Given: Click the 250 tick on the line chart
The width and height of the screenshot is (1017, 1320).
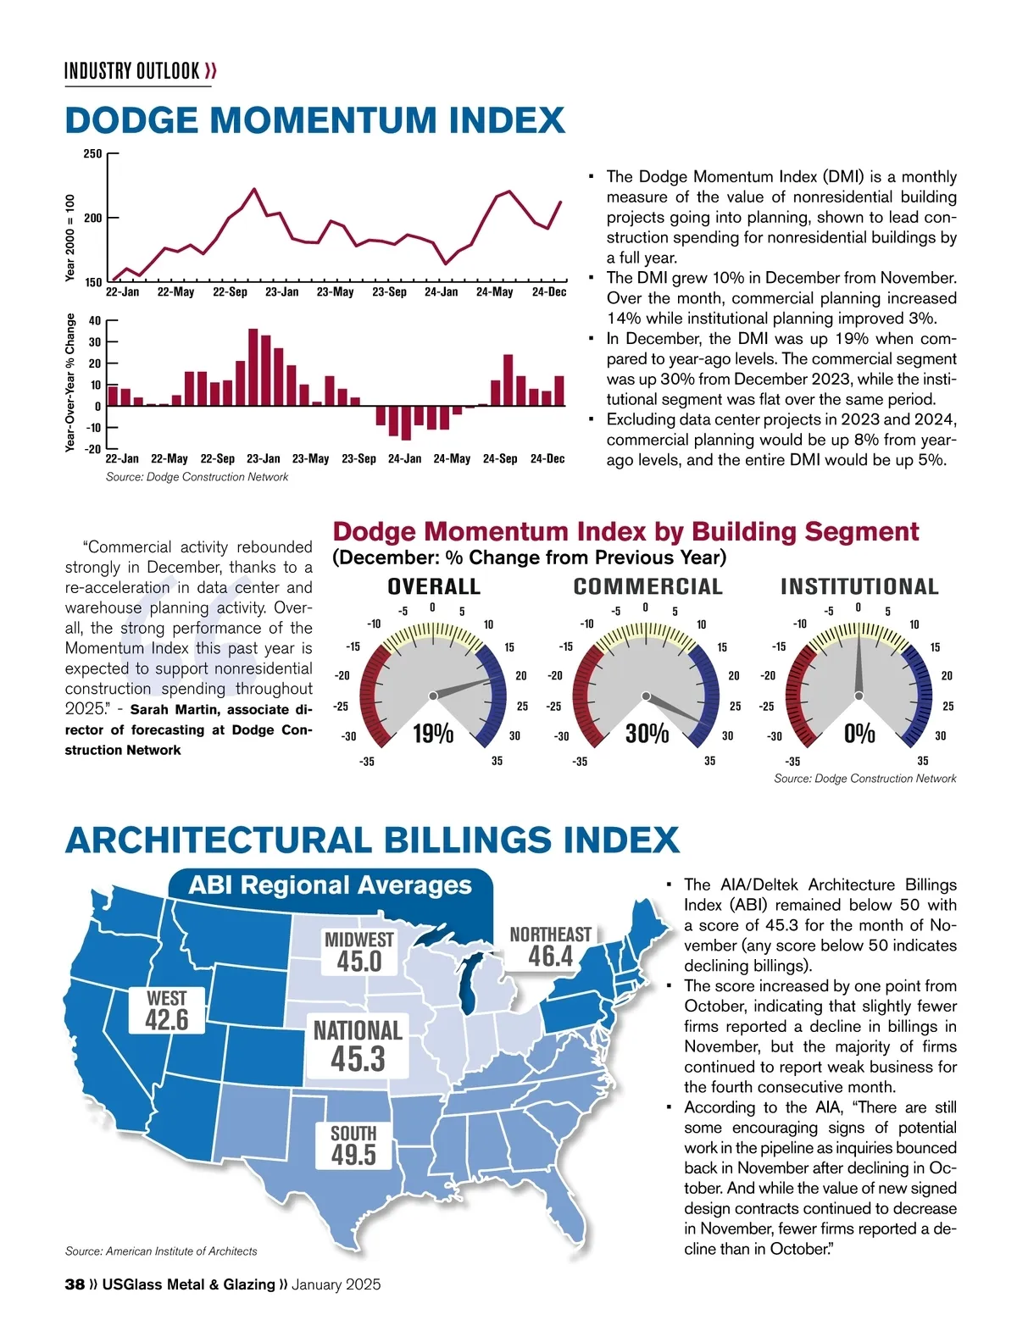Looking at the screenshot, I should [x=92, y=154].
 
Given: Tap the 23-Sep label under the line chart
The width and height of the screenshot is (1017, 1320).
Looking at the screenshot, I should [x=389, y=292].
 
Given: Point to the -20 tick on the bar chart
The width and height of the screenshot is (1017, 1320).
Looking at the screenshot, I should [x=92, y=448].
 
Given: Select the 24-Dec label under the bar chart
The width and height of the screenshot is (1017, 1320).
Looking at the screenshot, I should [x=547, y=459].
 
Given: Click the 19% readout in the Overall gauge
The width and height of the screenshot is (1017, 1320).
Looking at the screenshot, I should [x=433, y=734].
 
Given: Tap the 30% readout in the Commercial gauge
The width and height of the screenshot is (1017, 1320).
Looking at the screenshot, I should [x=647, y=734].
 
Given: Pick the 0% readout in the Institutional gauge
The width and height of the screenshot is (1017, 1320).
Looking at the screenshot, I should [x=859, y=734].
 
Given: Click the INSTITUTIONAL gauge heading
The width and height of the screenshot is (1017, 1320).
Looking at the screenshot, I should [x=859, y=586].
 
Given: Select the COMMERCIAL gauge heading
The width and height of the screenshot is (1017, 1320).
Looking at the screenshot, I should [x=647, y=586].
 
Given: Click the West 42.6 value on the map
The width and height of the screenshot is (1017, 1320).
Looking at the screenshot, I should [x=167, y=1020].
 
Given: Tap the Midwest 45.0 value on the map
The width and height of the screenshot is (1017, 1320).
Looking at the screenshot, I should [x=359, y=962].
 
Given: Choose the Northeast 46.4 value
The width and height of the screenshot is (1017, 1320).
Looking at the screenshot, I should [x=550, y=956].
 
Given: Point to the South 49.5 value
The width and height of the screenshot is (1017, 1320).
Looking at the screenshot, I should [x=353, y=1154].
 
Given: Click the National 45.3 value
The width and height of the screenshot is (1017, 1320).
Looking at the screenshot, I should [x=358, y=1059].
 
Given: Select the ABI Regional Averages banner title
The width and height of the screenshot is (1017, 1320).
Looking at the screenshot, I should [x=330, y=885].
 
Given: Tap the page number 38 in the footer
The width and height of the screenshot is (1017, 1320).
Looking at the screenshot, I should [x=75, y=1284].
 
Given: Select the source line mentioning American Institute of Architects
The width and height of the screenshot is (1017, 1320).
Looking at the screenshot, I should [x=161, y=1251].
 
